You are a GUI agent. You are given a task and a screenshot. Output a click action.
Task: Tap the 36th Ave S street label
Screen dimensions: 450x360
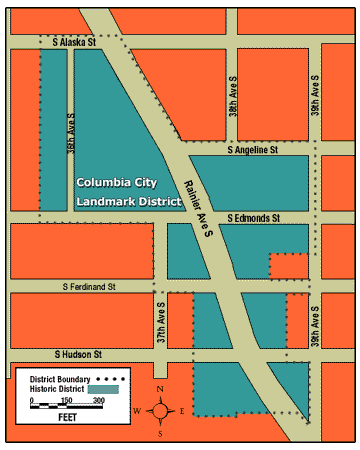click(71, 130)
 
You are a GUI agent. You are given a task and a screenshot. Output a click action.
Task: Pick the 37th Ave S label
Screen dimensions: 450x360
click(159, 323)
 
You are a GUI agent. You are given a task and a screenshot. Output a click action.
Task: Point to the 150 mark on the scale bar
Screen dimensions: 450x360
click(66, 401)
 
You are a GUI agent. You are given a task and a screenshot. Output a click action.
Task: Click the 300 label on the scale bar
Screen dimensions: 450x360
click(99, 401)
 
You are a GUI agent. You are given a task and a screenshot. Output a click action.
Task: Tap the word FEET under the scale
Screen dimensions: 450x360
click(67, 417)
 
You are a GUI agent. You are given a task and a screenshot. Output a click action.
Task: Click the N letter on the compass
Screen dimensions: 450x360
click(160, 389)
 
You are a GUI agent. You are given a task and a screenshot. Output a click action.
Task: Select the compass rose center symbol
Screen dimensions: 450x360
click(160, 410)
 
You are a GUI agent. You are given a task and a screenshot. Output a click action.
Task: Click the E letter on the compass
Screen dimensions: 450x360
click(182, 411)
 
